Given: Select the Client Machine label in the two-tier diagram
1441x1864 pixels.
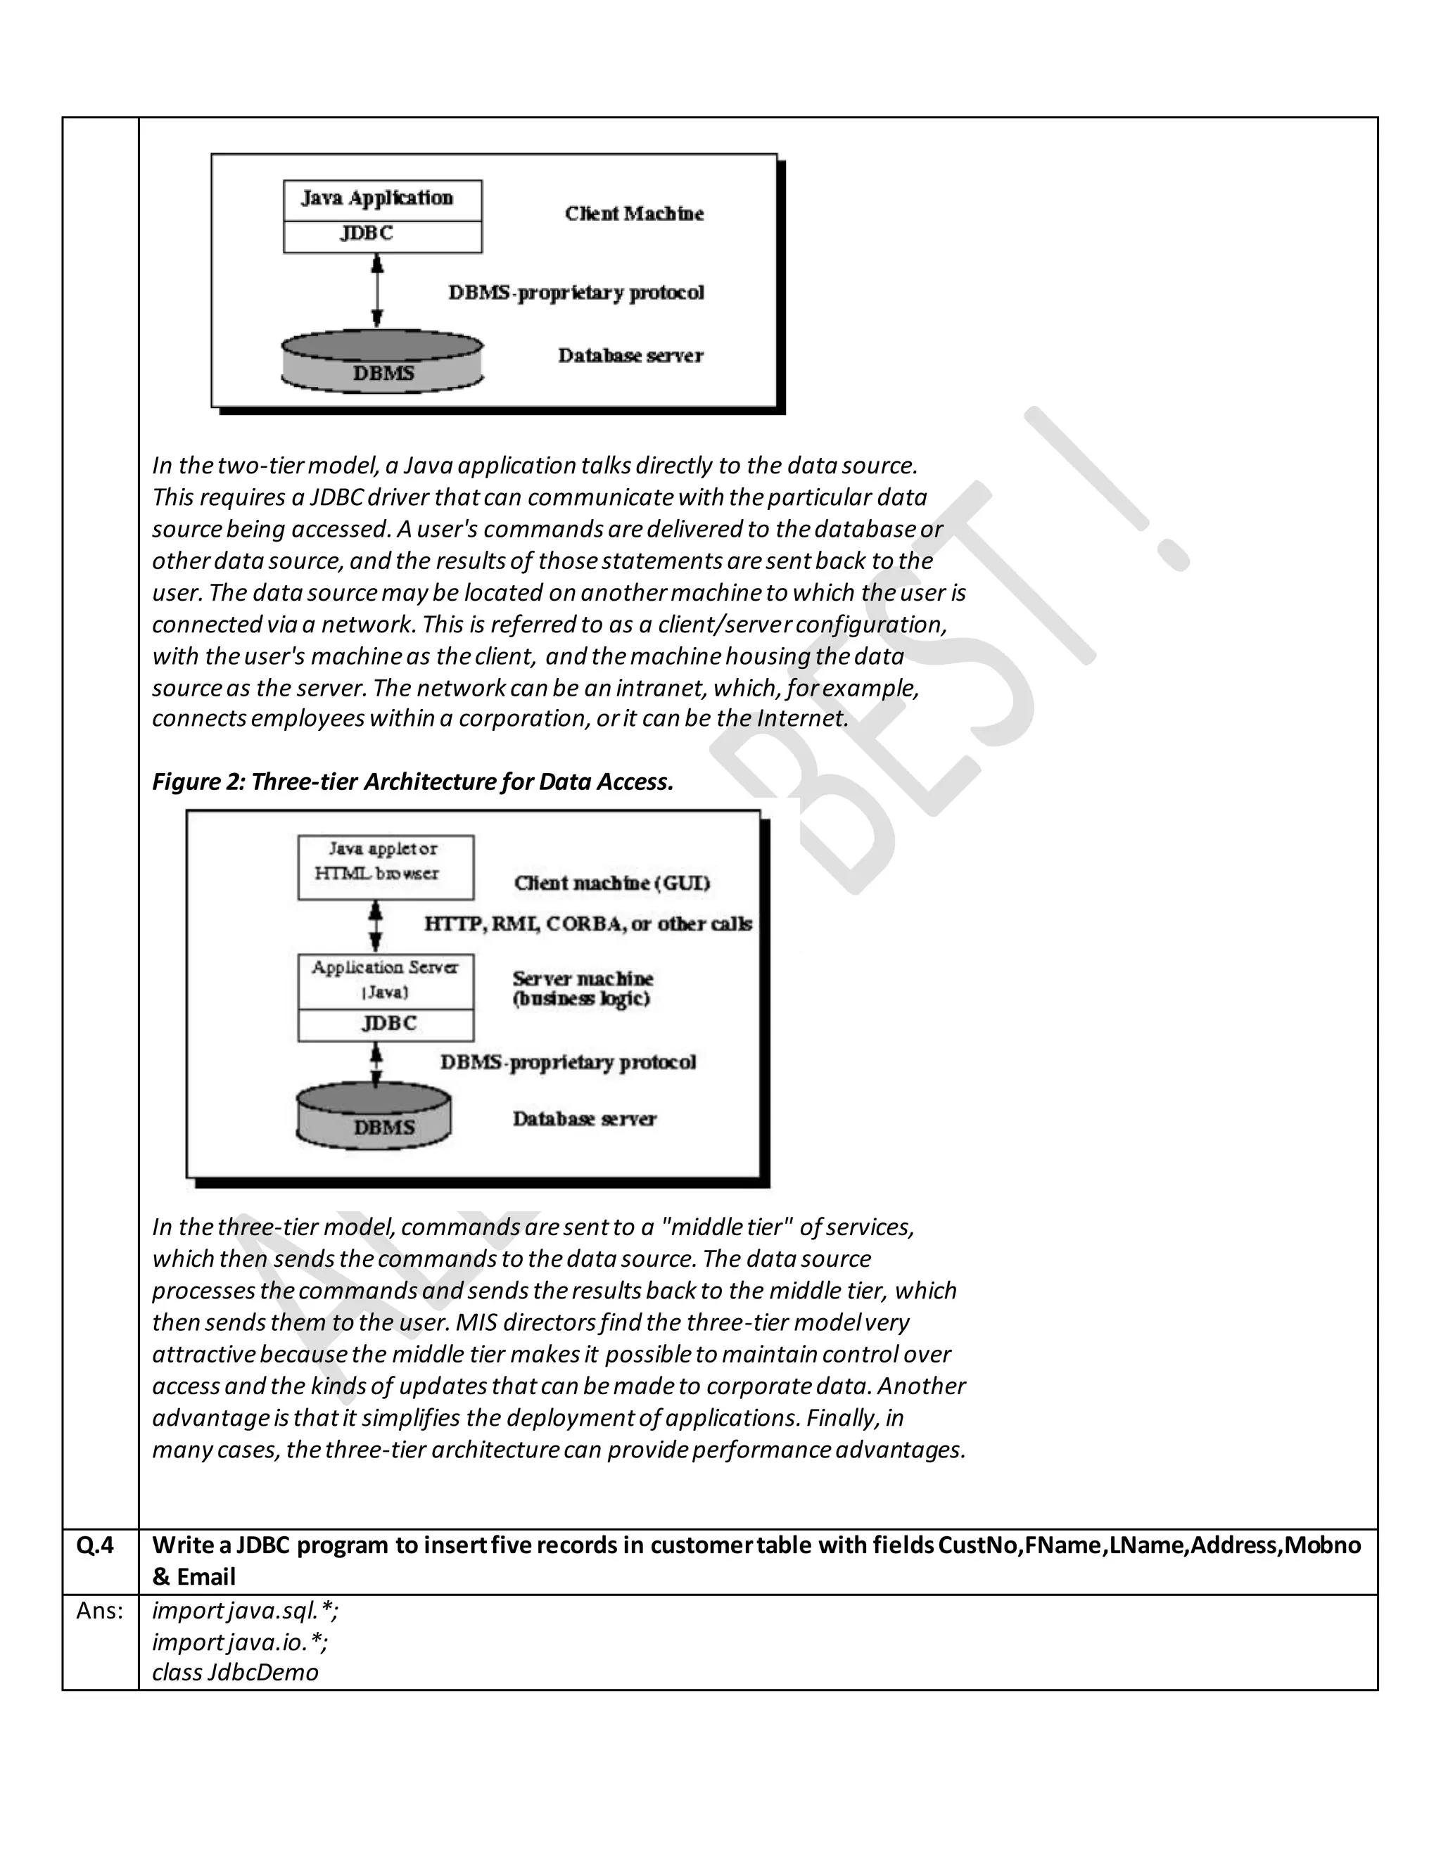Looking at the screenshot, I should [633, 213].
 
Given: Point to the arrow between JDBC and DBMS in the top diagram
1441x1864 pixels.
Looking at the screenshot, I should [377, 292].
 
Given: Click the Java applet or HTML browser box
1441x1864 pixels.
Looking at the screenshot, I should [385, 867].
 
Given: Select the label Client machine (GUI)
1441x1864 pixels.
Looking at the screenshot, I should [611, 883].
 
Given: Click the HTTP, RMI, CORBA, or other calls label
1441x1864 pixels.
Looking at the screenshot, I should [588, 924].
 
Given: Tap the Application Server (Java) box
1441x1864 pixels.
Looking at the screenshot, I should [385, 980].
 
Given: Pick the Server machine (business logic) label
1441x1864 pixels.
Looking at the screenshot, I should [582, 988].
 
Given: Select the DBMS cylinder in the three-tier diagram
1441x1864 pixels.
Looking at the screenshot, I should [374, 1119].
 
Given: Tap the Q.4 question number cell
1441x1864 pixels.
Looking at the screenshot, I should [96, 1544].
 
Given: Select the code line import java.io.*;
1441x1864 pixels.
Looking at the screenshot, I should [240, 1641].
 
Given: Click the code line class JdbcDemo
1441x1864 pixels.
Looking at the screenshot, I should [235, 1673].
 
